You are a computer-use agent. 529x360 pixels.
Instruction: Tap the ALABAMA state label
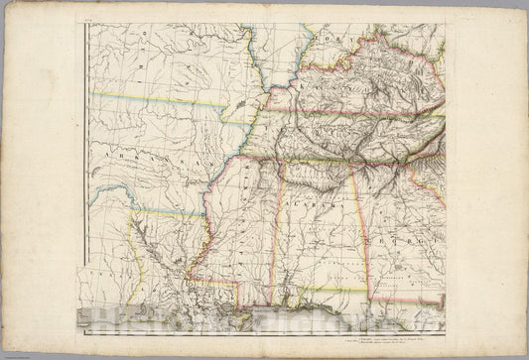pos(318,203)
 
